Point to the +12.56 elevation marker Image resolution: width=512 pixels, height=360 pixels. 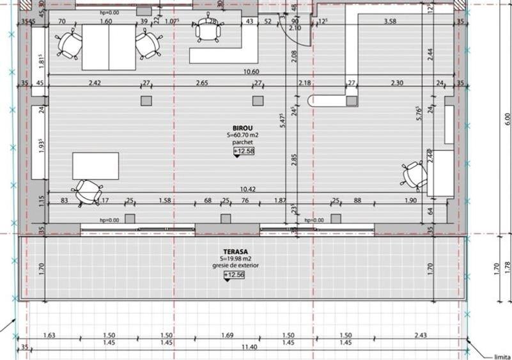tap(234, 275)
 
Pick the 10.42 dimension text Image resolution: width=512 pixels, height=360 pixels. tap(248, 190)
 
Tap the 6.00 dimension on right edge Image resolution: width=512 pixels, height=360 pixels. tap(508, 118)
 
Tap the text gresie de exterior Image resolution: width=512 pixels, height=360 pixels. tap(234, 266)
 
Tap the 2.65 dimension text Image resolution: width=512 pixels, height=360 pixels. tap(203, 83)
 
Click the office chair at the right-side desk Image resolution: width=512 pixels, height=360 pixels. tap(415, 175)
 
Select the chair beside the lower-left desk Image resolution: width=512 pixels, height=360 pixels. tap(88, 191)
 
